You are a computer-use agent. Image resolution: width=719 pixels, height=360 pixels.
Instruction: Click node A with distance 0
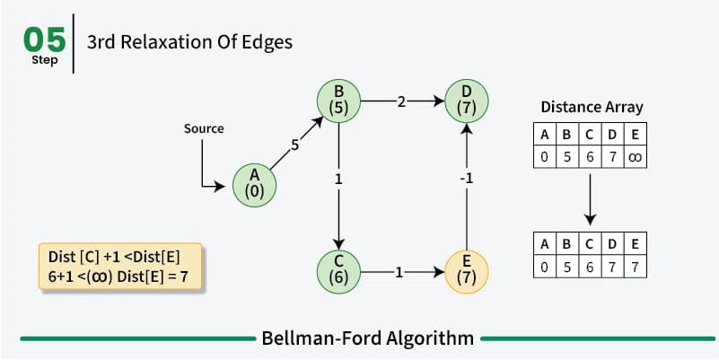pyautogui.click(x=255, y=185)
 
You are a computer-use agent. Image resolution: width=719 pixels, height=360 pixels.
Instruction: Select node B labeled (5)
pyautogui.click(x=339, y=101)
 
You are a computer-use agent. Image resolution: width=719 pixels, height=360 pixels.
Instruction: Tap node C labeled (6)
pyautogui.click(x=339, y=272)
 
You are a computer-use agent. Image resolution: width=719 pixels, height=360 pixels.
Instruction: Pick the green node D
pyautogui.click(x=467, y=101)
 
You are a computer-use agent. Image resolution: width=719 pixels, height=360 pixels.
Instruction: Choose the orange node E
pyautogui.click(x=467, y=272)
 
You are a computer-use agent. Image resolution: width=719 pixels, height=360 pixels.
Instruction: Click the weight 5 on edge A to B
pyautogui.click(x=294, y=145)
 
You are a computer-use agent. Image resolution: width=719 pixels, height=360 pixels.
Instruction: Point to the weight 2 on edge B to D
pyautogui.click(x=401, y=101)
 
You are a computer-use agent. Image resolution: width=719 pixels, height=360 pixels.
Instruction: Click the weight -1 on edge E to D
pyautogui.click(x=467, y=179)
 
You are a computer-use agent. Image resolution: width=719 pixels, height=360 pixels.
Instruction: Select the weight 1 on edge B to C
pyautogui.click(x=338, y=180)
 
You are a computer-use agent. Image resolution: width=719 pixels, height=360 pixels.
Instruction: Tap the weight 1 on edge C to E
pyautogui.click(x=399, y=272)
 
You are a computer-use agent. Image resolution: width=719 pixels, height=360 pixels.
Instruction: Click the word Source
pyautogui.click(x=204, y=128)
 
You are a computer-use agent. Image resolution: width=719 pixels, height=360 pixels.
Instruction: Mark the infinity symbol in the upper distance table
pyautogui.click(x=636, y=157)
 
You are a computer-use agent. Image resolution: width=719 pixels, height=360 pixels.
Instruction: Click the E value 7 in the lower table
pyautogui.click(x=636, y=267)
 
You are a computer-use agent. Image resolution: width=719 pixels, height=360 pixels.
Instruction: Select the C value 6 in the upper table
pyautogui.click(x=590, y=157)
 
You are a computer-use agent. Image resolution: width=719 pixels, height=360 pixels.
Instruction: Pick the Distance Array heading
pyautogui.click(x=592, y=107)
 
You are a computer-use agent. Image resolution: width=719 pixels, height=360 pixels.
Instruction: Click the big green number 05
pyautogui.click(x=45, y=40)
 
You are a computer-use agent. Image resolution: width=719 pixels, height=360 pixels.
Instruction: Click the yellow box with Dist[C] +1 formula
pyautogui.click(x=120, y=267)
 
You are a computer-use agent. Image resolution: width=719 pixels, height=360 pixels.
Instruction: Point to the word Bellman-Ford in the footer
pyautogui.click(x=320, y=339)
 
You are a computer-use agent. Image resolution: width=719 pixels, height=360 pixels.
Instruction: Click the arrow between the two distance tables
pyautogui.click(x=590, y=199)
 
